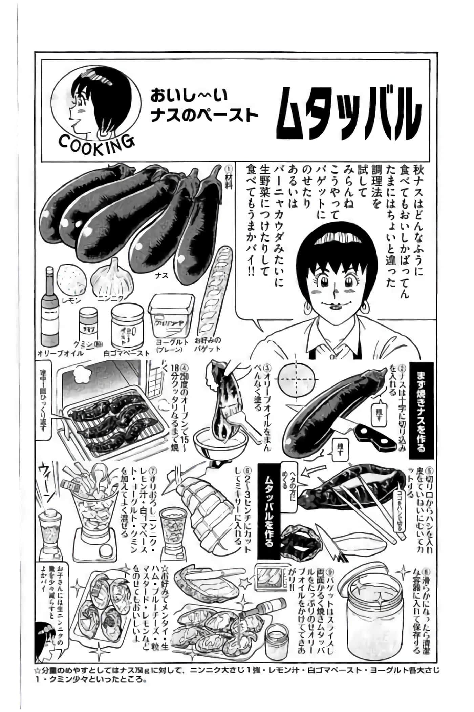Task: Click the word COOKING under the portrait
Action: (96, 145)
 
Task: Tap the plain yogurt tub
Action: (171, 316)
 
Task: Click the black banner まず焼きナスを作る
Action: (421, 410)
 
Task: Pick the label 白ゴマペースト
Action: (126, 353)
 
